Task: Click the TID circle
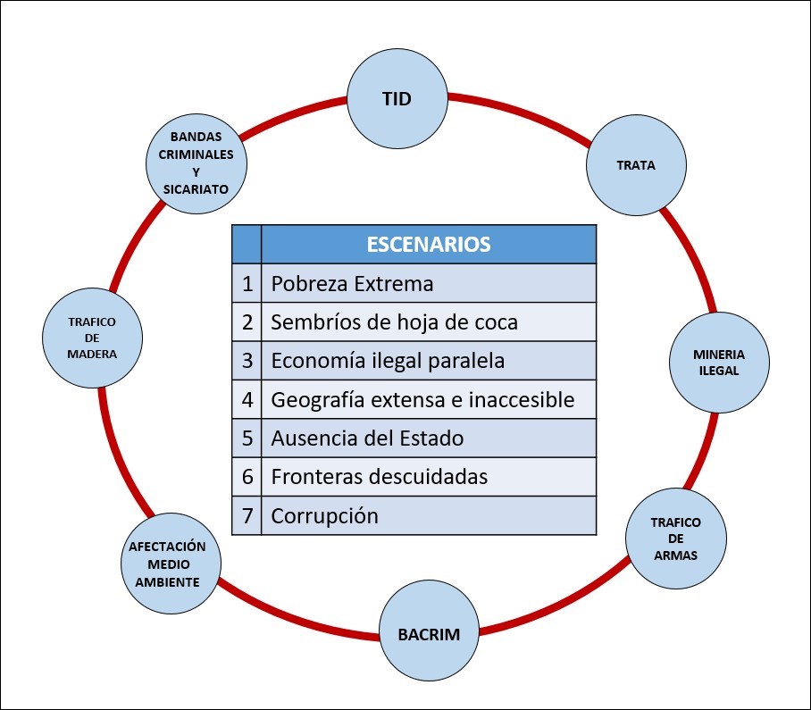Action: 397,99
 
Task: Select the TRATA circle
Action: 636,165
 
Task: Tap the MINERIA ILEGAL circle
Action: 719,363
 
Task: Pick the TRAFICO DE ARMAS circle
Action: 676,539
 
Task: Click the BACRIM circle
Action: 429,634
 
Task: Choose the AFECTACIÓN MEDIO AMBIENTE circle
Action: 171,564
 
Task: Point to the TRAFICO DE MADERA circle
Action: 92,338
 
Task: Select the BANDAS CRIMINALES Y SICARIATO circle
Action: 196,164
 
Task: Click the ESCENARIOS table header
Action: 429,244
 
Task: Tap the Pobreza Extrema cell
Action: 429,283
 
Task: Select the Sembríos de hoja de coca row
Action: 414,322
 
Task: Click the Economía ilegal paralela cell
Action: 429,361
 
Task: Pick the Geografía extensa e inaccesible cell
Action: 429,400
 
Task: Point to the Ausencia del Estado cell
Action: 429,438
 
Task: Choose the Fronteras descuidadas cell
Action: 429,477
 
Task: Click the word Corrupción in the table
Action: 325,516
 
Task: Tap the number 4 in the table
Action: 247,400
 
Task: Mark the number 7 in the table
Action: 247,516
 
